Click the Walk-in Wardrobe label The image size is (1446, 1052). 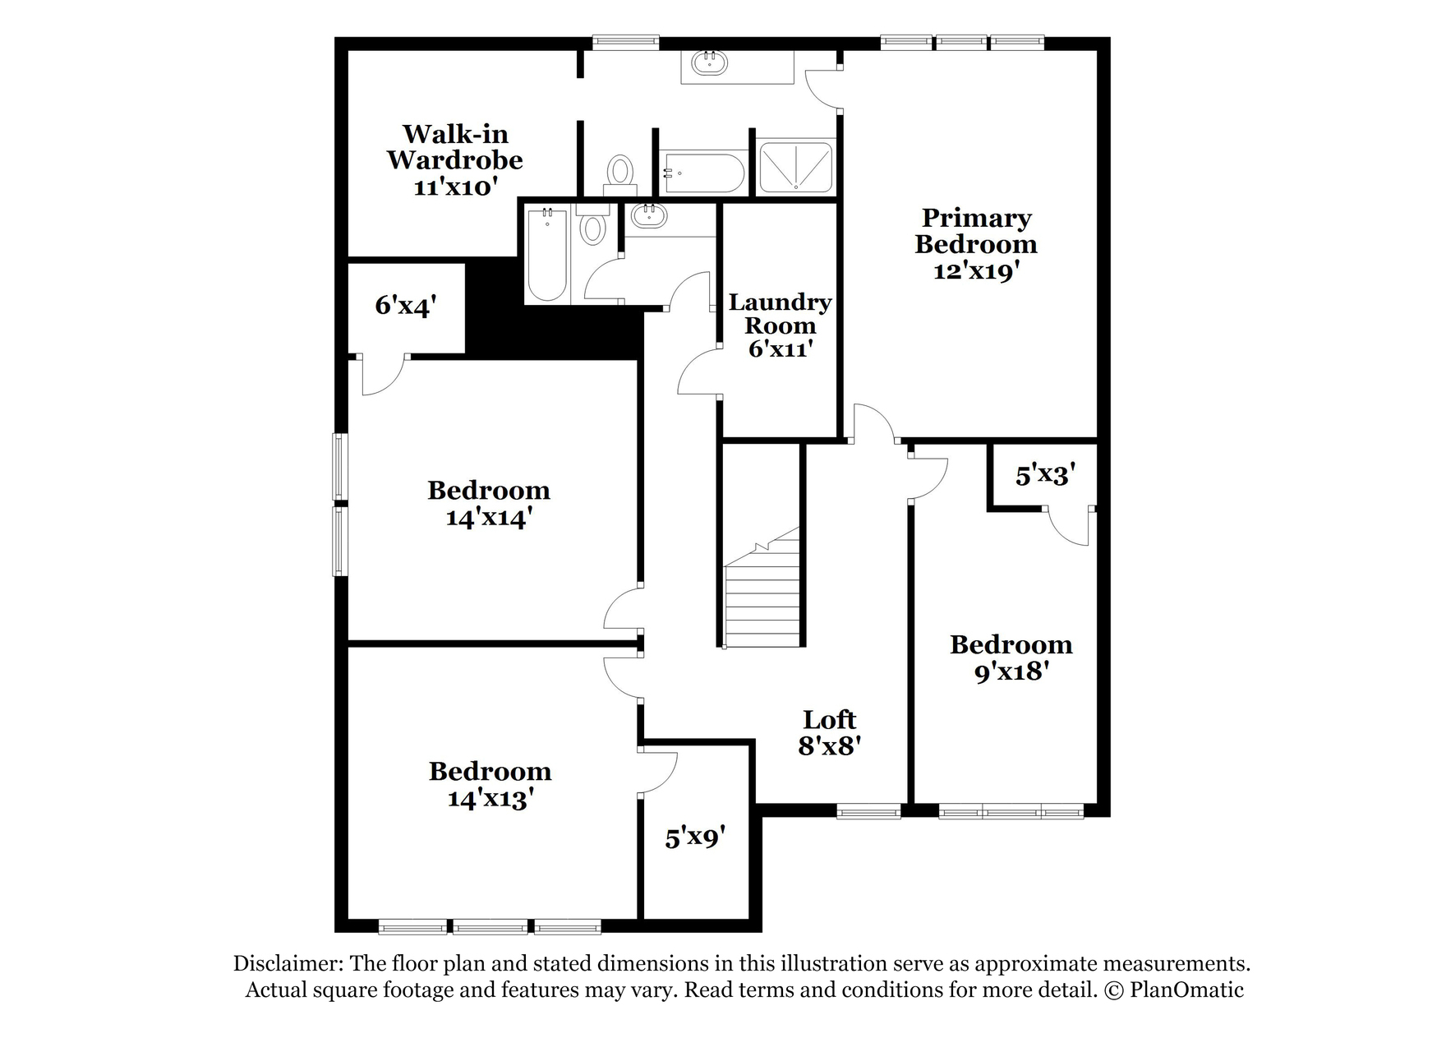[454, 146]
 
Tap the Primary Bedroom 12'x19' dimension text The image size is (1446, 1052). [976, 270]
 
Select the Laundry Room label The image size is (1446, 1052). [780, 313]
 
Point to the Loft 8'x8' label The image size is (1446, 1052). [829, 731]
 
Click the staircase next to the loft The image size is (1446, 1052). [762, 587]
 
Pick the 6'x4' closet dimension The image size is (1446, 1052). [405, 306]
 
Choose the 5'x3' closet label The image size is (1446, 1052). [1045, 474]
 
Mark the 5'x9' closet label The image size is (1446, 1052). [695, 837]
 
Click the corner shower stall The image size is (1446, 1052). [794, 167]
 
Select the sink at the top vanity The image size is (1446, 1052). [707, 62]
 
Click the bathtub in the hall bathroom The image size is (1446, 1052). [547, 255]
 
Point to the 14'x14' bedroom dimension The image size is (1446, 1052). [489, 518]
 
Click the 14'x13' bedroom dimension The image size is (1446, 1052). [490, 798]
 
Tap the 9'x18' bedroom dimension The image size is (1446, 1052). [1011, 671]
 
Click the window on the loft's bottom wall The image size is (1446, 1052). [868, 812]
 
